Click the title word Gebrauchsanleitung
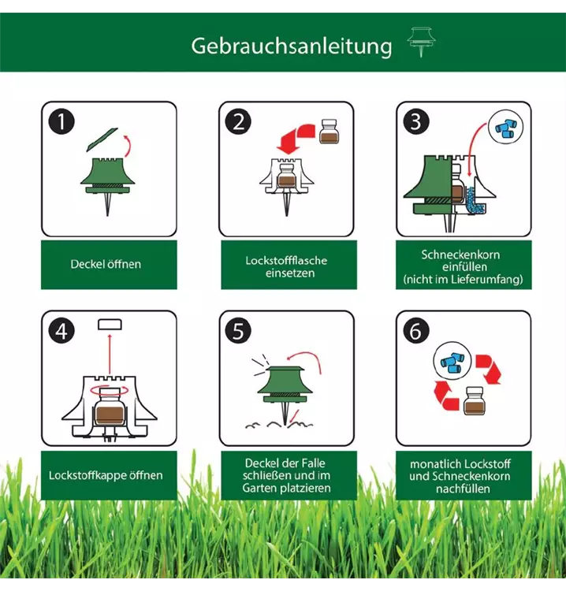coord(292,46)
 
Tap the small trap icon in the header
coord(421,42)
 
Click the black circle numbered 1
coord(61,121)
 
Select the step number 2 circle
coord(238,121)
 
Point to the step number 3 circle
coord(416,121)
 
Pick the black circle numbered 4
coord(61,331)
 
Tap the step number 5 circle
coord(238,331)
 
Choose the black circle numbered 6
coord(416,331)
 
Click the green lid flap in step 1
coord(102,139)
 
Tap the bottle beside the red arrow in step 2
coord(329,131)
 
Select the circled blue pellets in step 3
coord(506,128)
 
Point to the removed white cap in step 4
coord(110,325)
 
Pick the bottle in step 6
coord(475,400)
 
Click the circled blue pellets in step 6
coord(452,361)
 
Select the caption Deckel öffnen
coord(106,264)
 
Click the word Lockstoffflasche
coord(286,261)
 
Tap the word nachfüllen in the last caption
coord(463,489)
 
